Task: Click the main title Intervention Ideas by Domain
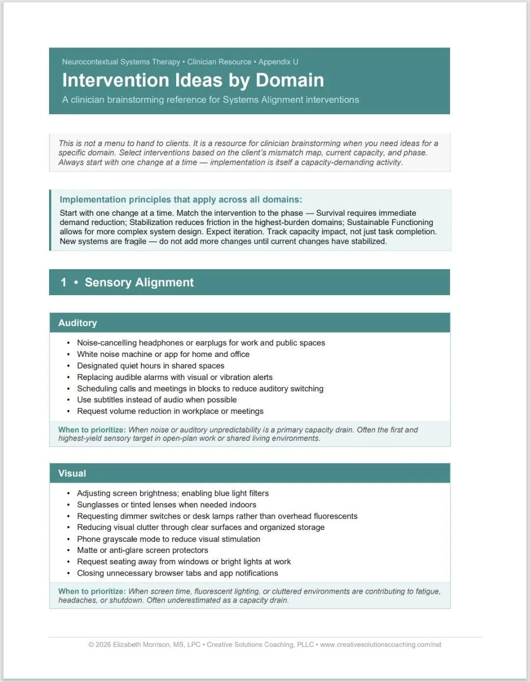(193, 80)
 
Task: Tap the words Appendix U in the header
(278, 62)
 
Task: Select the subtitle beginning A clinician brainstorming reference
(211, 100)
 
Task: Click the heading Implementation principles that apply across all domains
(181, 200)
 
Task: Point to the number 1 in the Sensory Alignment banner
(63, 282)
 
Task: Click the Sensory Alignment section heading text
(139, 282)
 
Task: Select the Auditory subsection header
(78, 323)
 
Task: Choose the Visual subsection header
(72, 474)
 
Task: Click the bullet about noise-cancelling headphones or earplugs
(201, 343)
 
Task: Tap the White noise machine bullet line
(163, 354)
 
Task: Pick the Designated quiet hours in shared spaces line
(150, 366)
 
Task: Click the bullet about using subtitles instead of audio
(157, 400)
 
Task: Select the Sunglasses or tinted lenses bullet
(166, 505)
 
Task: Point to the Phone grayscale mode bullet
(168, 539)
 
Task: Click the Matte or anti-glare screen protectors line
(142, 551)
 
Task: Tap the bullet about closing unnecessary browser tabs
(177, 573)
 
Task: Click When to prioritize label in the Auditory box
(92, 430)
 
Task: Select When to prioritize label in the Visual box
(92, 592)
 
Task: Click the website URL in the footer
(380, 645)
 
